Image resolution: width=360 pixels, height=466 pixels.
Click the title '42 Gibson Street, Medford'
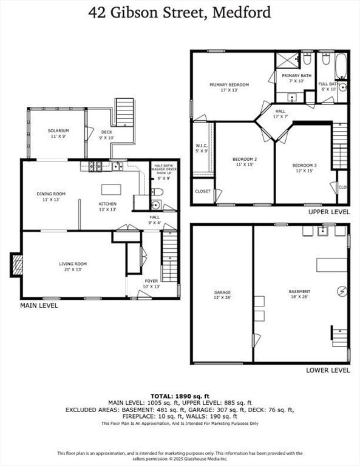[180, 12]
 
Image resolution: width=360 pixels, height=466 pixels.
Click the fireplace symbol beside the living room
[17, 264]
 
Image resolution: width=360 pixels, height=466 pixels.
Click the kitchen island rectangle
[110, 188]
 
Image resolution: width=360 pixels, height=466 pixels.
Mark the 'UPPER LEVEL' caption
[328, 212]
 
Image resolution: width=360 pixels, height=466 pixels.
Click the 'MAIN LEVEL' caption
[39, 306]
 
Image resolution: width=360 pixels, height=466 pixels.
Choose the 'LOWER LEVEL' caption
[328, 370]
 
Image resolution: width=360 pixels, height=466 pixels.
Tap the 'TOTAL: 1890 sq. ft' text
[180, 395]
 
